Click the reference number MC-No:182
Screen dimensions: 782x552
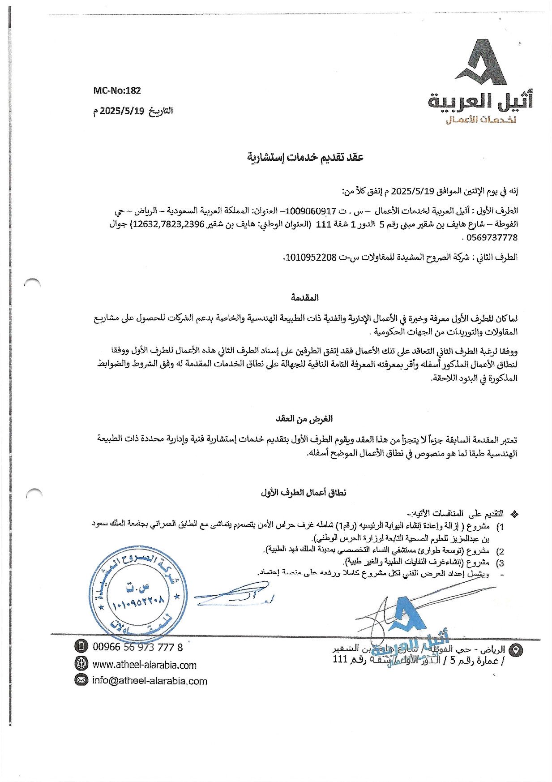pos(117,90)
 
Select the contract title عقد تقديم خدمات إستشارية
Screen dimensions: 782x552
pos(306,156)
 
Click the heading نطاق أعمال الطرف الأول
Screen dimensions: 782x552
pos(304,493)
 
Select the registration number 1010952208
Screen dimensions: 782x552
pos(310,257)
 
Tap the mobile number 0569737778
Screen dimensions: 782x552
pos(492,237)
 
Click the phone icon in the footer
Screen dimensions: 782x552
pos(81,646)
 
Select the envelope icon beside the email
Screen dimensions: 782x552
pos(81,680)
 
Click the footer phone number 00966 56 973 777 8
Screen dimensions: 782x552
pos(138,647)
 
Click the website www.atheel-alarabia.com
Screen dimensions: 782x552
pos(144,665)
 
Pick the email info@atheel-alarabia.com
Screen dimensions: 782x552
pos(150,681)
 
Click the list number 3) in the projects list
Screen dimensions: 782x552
pos(501,563)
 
